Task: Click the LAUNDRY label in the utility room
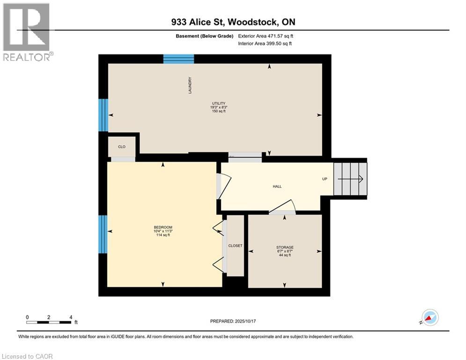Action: [x=190, y=85]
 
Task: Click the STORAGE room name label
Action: [x=285, y=247]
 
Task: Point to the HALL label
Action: [x=277, y=187]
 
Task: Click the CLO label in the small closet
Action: [x=122, y=147]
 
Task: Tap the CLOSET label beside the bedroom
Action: [x=235, y=246]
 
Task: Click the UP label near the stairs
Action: [x=324, y=179]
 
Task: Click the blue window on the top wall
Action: [x=178, y=59]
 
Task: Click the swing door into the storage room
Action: [x=282, y=208]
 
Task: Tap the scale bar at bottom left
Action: [x=49, y=322]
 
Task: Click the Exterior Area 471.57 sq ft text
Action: [x=266, y=36]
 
